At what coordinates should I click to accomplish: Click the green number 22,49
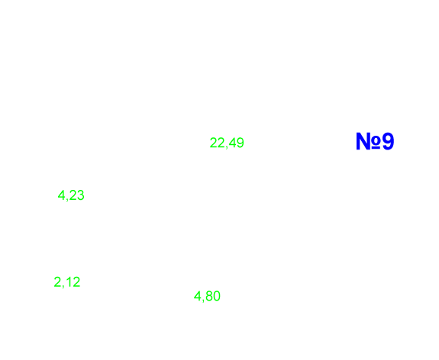coord(227,143)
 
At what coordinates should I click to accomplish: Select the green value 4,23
coord(71,195)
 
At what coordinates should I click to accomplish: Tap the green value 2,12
coord(67,282)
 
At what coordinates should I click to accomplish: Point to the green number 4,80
coord(207,296)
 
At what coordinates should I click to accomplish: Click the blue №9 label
coord(375,141)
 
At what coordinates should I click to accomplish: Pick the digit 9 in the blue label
coord(388,141)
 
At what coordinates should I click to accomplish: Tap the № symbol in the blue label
coord(368,141)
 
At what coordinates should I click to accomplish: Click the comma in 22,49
coord(227,147)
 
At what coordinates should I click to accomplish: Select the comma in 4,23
coord(66,200)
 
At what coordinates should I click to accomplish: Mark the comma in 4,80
coord(202,301)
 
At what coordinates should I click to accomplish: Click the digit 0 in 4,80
coord(217,296)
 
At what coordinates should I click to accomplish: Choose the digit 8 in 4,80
coord(209,296)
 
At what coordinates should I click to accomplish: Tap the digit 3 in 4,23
coord(80,195)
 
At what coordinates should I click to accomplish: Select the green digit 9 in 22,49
coord(240,143)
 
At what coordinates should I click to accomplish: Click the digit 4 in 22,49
coord(232,143)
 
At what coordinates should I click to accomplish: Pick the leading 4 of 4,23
coord(61,195)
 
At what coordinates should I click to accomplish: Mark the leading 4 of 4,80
coord(198,296)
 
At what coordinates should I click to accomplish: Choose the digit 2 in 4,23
coord(73,195)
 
